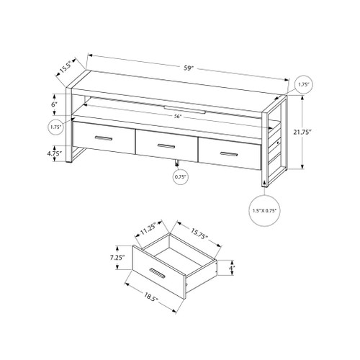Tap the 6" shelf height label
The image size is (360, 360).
[x=55, y=104]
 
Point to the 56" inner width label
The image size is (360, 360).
[x=176, y=117]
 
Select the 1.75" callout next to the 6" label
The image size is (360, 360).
[x=55, y=127]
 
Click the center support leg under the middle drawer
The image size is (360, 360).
[x=176, y=161]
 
